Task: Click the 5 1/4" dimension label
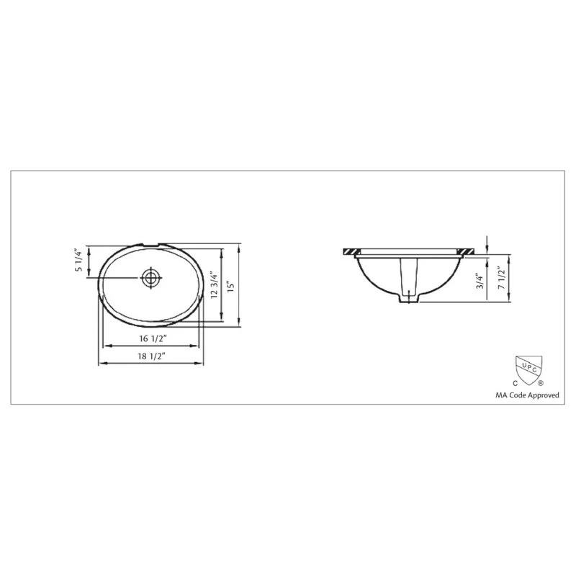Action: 79,260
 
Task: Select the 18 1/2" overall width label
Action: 151,356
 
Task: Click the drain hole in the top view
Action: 150,278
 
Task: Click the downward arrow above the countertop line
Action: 488,243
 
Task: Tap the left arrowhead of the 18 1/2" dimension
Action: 100,364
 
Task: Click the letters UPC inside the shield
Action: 527,365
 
